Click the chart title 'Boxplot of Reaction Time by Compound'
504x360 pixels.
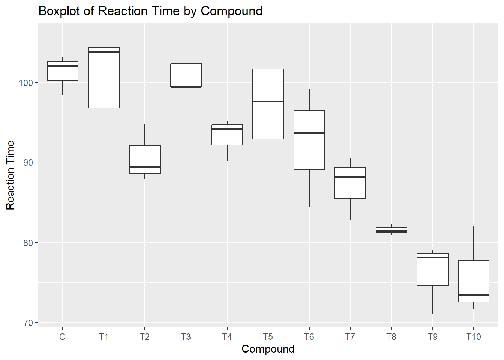point(150,11)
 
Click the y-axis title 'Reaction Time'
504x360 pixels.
point(10,175)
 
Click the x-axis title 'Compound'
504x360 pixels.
point(268,349)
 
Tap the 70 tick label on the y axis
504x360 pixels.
point(28,322)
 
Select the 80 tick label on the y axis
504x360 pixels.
point(28,243)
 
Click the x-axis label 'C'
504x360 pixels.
point(62,337)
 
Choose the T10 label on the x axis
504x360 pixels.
point(473,337)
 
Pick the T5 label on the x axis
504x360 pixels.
point(268,337)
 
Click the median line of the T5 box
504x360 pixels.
point(268,101)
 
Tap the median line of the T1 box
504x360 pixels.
point(104,52)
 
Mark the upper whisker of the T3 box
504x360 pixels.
point(186,52)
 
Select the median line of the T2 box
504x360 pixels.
point(145,167)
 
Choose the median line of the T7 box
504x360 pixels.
point(350,177)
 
